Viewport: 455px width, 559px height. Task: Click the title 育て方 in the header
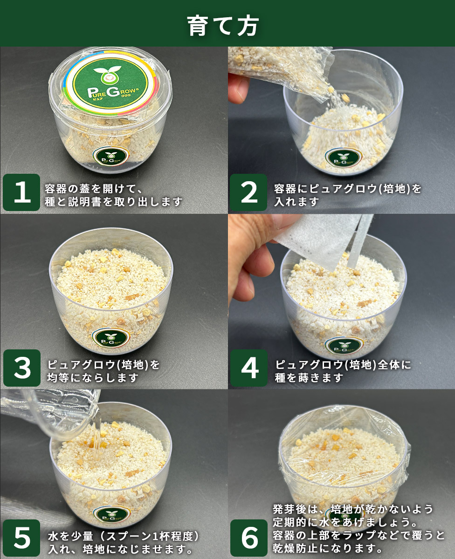[223, 26]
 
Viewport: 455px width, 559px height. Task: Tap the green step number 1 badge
[21, 192]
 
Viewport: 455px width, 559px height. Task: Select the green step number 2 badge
[248, 192]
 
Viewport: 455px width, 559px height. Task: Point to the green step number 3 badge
[22, 368]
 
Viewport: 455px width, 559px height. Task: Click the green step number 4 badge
[249, 368]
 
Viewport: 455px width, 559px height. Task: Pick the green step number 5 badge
[21, 538]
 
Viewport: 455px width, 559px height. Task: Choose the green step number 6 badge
[249, 538]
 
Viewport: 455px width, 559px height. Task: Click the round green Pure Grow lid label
[110, 83]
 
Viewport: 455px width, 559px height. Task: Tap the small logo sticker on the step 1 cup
[112, 157]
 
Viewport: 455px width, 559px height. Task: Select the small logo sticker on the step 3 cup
[111, 338]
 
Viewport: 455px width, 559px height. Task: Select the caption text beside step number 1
[113, 196]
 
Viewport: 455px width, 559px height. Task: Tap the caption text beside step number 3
[103, 371]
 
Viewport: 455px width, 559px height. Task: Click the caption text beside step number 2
[347, 196]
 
